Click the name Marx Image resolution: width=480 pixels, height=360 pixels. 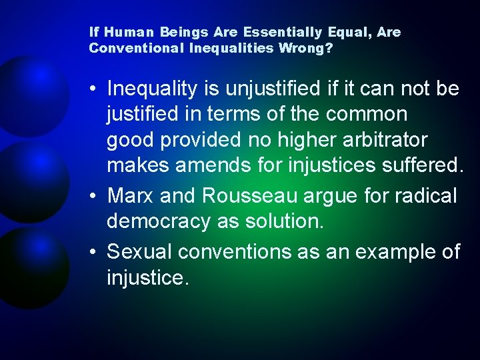tap(131, 196)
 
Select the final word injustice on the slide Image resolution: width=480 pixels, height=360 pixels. tap(147, 278)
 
